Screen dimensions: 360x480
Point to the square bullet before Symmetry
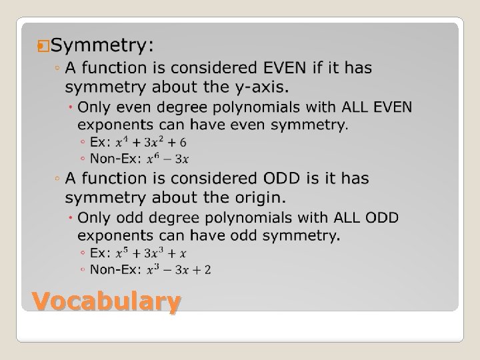pos(45,46)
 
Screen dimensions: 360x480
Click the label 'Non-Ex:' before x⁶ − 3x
pos(116,159)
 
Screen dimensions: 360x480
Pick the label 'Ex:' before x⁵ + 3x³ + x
pos(99,253)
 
